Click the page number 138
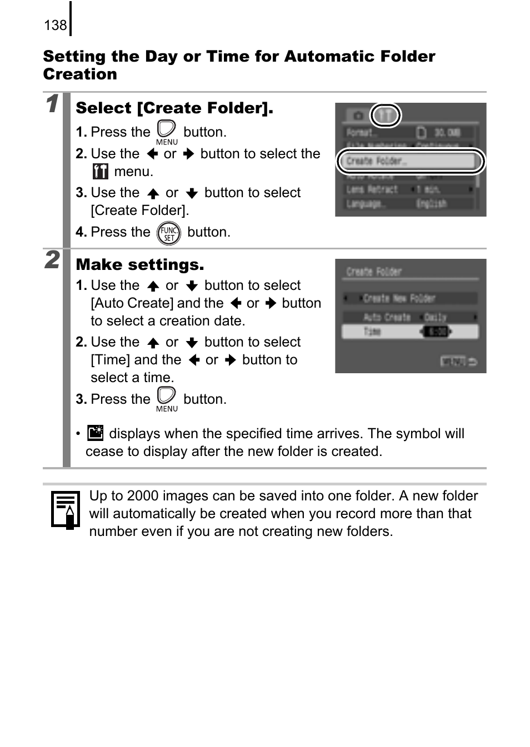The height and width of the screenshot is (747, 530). point(55,25)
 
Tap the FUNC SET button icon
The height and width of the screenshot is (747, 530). point(168,233)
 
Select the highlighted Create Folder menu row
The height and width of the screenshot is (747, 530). point(410,162)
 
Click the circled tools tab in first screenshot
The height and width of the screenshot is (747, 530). point(385,116)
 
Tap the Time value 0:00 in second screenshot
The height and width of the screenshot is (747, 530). point(437,332)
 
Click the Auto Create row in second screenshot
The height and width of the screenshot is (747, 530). point(409,317)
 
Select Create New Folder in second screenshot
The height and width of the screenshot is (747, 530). point(409,298)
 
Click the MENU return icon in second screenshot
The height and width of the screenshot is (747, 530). point(458,362)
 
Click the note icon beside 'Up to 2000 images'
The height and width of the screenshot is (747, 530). point(65,509)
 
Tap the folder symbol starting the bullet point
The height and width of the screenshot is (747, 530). point(96,433)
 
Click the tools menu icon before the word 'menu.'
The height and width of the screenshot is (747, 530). point(101,172)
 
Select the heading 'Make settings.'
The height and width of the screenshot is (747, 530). point(140,264)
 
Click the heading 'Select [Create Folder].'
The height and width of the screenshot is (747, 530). point(174,108)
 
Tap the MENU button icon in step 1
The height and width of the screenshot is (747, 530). point(167,132)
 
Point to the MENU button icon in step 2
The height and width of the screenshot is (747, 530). point(167,399)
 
